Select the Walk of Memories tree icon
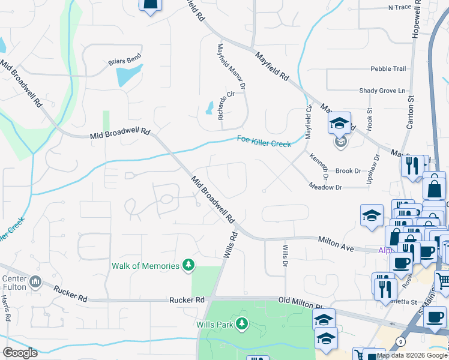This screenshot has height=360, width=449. click(188, 265)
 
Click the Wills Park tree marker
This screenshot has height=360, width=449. click(241, 324)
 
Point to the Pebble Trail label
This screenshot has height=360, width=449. click(388, 69)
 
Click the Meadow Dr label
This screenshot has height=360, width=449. click(325, 187)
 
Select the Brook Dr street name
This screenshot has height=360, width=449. click(348, 171)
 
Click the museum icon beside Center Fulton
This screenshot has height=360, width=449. click(35, 281)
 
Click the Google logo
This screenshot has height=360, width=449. click(20, 353)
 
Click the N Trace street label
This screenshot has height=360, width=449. click(402, 8)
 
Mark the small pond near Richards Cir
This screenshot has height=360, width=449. click(209, 108)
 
